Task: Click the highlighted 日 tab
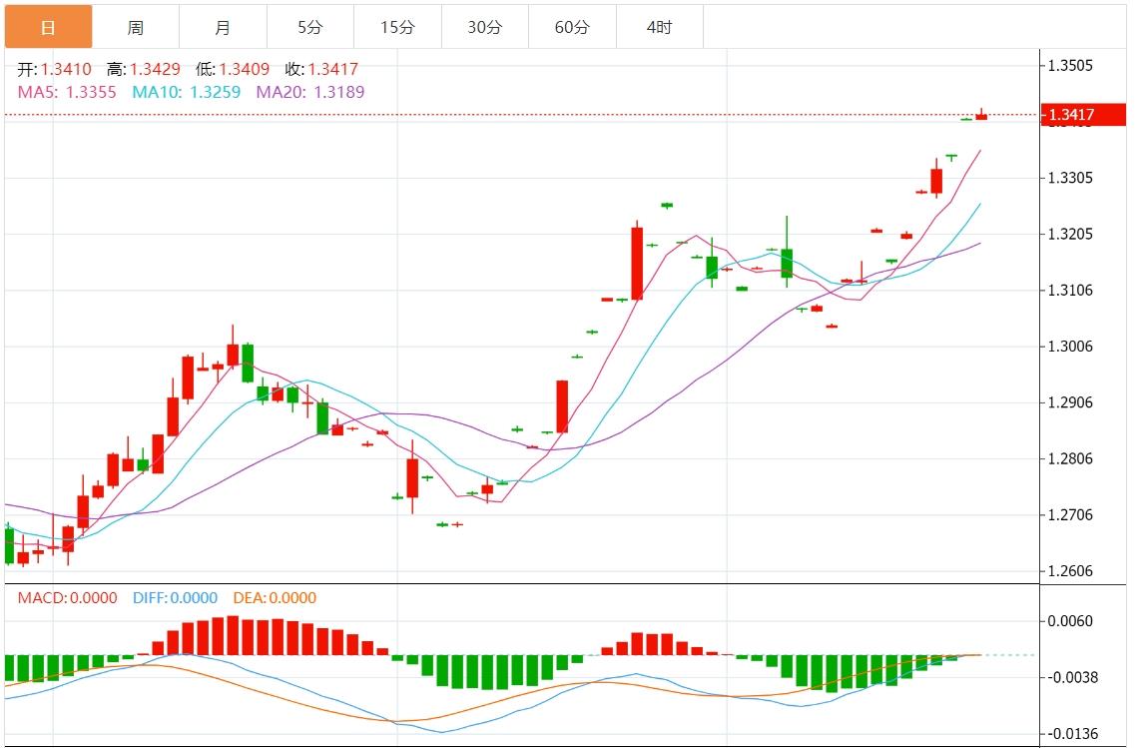coord(48,27)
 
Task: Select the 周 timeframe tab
coord(135,27)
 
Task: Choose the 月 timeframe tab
coord(223,27)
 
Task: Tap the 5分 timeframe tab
coord(309,27)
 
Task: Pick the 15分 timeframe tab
coord(397,27)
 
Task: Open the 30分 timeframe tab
coord(484,27)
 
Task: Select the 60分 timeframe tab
coord(572,27)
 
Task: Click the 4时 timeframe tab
coord(659,27)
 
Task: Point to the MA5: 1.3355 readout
coord(67,92)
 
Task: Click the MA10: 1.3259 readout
coord(186,92)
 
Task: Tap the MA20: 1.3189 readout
coord(310,92)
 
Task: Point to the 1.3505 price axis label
coord(1070,66)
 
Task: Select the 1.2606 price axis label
coord(1070,571)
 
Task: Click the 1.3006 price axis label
coord(1070,347)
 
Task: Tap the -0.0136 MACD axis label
coord(1070,733)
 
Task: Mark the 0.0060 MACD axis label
coord(1070,621)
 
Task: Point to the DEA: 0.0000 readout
coord(275,598)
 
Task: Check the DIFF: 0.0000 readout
coord(175,598)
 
